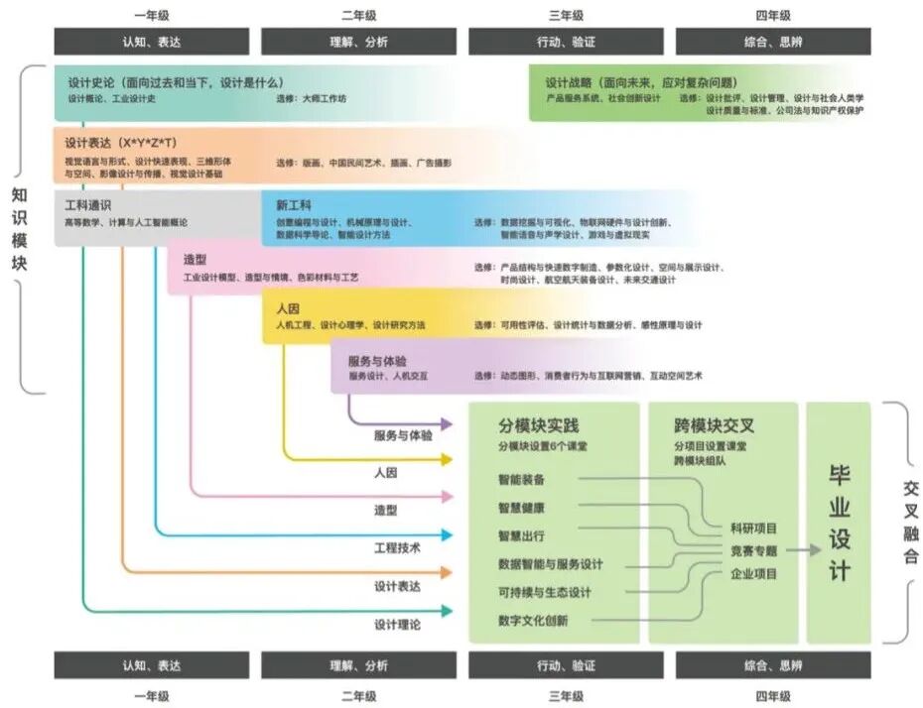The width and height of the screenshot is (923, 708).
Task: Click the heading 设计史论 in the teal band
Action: [92, 82]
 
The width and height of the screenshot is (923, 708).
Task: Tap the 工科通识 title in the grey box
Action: [87, 205]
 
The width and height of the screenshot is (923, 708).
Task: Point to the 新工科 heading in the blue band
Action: [294, 205]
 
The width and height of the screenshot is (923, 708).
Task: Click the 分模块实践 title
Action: [538, 425]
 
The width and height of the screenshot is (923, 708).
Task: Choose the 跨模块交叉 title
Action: [714, 425]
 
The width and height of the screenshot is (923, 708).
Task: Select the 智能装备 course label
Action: [521, 479]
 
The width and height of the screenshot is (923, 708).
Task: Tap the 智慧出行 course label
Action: [521, 536]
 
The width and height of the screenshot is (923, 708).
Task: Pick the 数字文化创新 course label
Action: [533, 621]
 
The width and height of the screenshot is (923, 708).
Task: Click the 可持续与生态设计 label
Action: [545, 593]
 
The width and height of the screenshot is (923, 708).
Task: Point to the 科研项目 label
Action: [754, 528]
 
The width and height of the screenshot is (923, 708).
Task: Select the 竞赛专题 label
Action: [754, 550]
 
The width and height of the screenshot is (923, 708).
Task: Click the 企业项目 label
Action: [754, 573]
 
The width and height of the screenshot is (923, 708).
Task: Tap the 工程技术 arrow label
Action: [398, 547]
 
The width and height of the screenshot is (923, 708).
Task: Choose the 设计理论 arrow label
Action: [398, 625]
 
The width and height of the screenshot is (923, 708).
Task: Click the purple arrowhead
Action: [447, 423]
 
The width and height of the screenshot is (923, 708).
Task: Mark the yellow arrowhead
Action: [447, 459]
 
